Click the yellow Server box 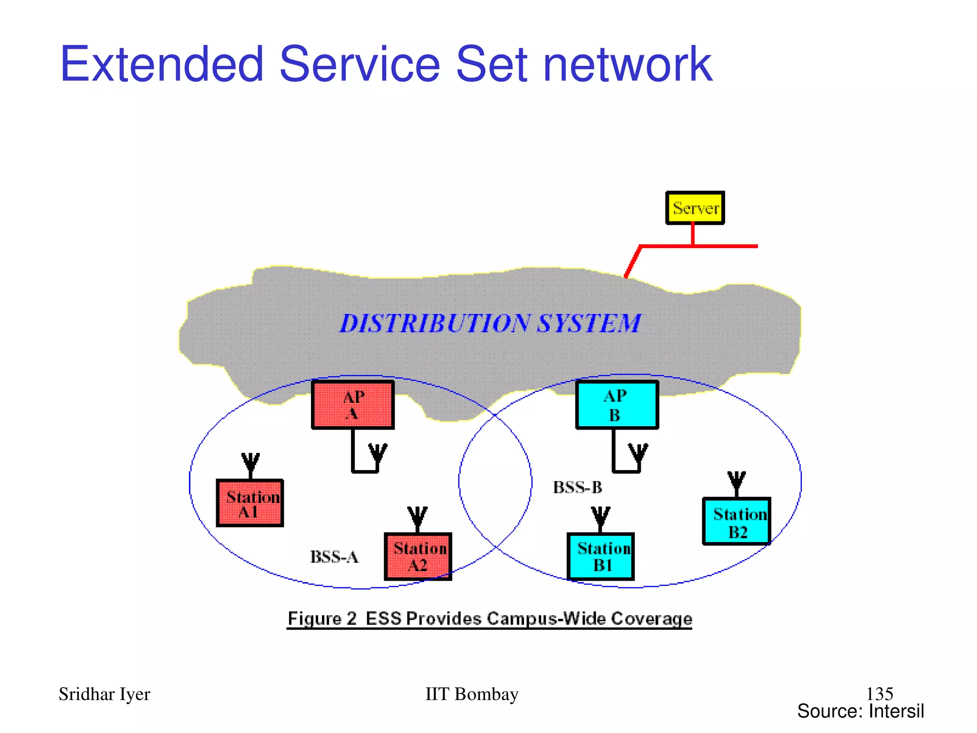click(695, 208)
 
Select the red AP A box click(353, 405)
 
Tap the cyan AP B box click(617, 405)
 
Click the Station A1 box click(250, 503)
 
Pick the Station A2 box click(418, 556)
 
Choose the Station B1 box click(601, 556)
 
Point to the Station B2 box click(737, 522)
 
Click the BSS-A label click(334, 557)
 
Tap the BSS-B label click(577, 488)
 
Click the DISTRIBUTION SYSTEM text click(490, 324)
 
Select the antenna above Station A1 click(250, 464)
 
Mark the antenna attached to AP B click(638, 454)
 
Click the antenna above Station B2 click(737, 482)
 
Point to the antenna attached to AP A click(377, 454)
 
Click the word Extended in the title click(162, 64)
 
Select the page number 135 click(879, 693)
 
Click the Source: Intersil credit click(861, 711)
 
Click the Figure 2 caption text click(489, 619)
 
